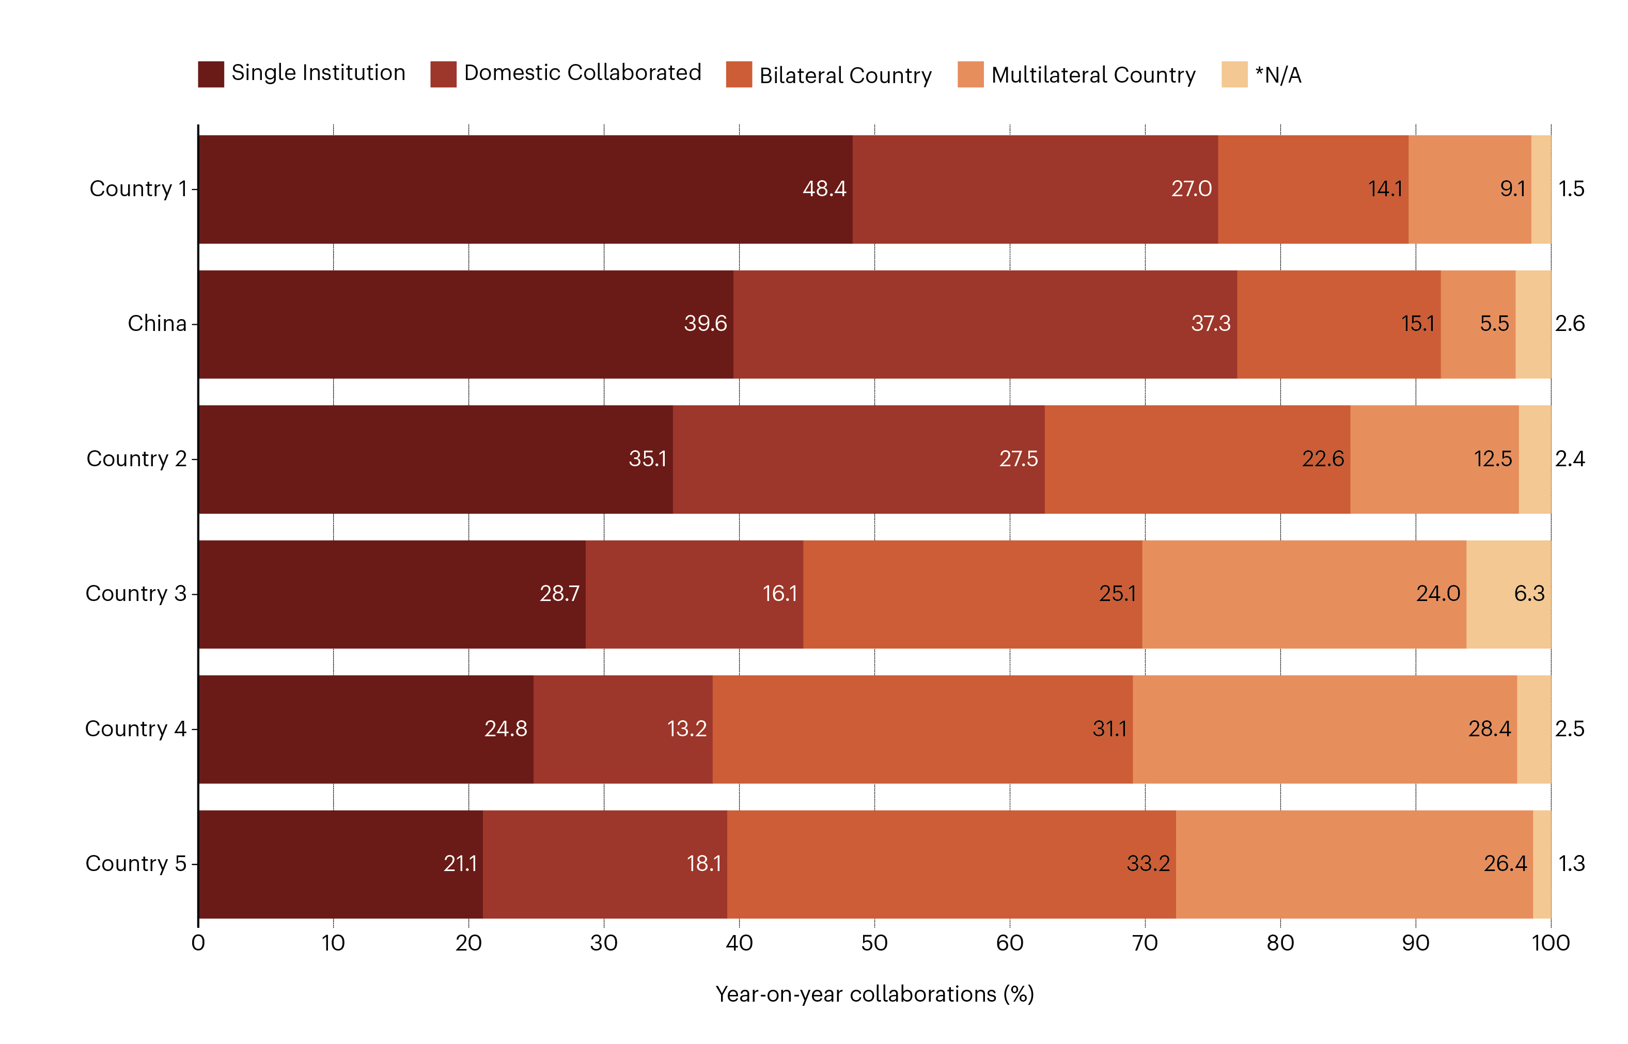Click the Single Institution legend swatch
pyautogui.click(x=210, y=74)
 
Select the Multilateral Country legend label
pyautogui.click(x=1092, y=74)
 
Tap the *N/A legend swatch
pyautogui.click(x=1233, y=74)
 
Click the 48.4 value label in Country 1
pyautogui.click(x=824, y=188)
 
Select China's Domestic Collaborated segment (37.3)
pyautogui.click(x=984, y=324)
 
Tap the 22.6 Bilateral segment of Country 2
pyautogui.click(x=1197, y=459)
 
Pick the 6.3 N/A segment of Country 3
pyautogui.click(x=1508, y=594)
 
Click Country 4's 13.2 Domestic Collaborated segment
pyautogui.click(x=622, y=729)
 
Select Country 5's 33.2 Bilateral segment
pyautogui.click(x=951, y=864)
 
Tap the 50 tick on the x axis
pyautogui.click(x=874, y=943)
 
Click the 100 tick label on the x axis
pyautogui.click(x=1550, y=943)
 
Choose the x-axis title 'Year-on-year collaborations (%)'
pyautogui.click(x=874, y=994)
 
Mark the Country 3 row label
pyautogui.click(x=136, y=594)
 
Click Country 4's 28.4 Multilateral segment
pyautogui.click(x=1324, y=729)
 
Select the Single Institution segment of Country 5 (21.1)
pyautogui.click(x=340, y=864)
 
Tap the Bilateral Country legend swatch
pyautogui.click(x=739, y=74)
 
